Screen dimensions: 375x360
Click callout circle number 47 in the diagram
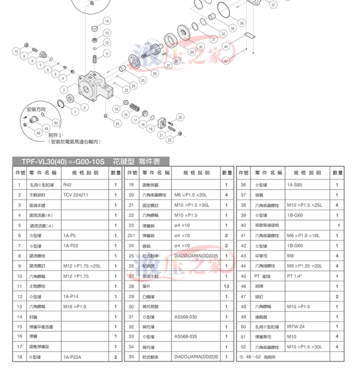226,61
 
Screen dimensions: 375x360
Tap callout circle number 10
16,51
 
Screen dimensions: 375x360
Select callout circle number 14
107,21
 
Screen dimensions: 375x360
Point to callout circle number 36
241,23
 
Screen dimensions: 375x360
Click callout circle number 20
180,117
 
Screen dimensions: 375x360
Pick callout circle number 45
118,123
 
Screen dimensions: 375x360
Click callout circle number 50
55,123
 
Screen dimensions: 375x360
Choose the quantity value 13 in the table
226,286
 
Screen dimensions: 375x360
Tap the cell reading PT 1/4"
297,276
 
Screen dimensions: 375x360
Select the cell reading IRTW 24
297,327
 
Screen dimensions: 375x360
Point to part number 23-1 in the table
131,235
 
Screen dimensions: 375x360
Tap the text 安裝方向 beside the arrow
36,110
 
